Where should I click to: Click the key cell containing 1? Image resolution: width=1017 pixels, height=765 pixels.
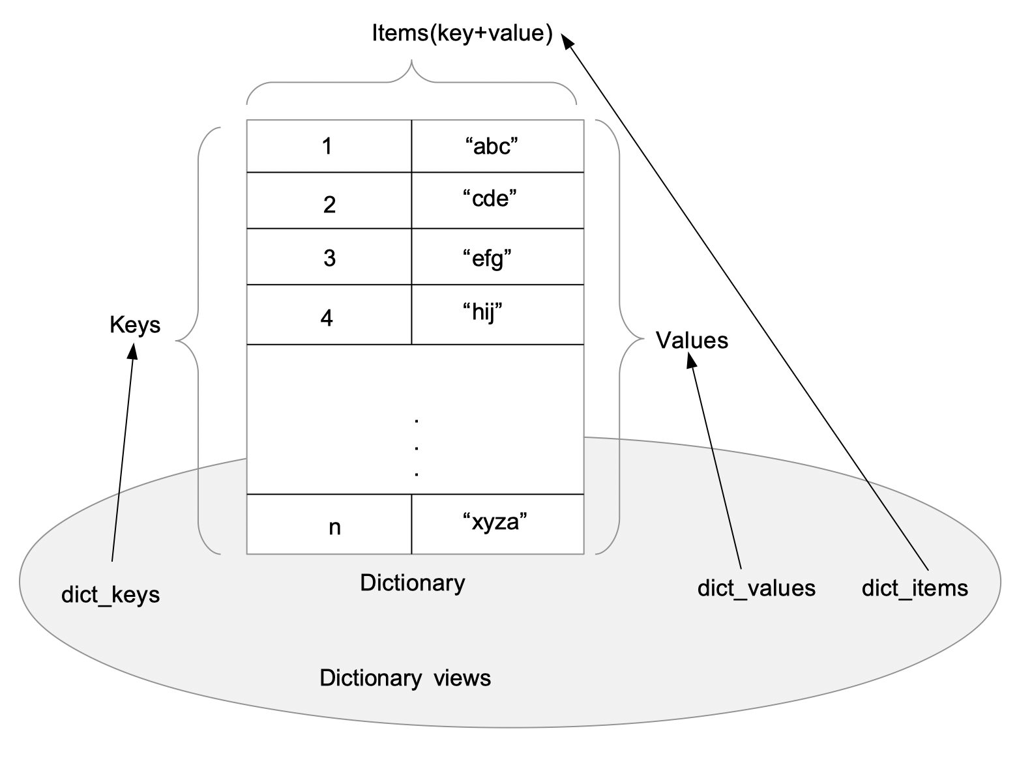click(x=329, y=146)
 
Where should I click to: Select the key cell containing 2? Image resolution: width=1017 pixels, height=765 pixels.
click(x=329, y=201)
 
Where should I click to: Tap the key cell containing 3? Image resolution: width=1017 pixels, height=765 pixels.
click(x=329, y=257)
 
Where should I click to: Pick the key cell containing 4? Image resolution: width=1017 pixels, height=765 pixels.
click(x=329, y=315)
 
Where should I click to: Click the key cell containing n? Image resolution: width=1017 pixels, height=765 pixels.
click(x=329, y=525)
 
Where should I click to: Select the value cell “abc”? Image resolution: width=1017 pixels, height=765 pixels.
click(x=497, y=146)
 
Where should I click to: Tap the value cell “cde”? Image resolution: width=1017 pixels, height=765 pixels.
click(x=497, y=201)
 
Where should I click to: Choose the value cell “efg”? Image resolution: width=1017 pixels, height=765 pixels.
click(x=497, y=257)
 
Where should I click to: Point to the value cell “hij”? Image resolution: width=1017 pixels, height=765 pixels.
click(x=497, y=315)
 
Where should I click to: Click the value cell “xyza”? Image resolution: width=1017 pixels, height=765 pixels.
click(x=497, y=525)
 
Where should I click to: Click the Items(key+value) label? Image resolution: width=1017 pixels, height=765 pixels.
click(x=462, y=33)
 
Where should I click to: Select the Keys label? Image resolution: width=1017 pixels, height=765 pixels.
click(x=135, y=325)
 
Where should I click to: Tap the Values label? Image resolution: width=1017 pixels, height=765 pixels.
click(x=692, y=340)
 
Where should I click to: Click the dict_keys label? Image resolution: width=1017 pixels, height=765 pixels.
click(x=110, y=594)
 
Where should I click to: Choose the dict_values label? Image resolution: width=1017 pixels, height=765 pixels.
click(x=756, y=588)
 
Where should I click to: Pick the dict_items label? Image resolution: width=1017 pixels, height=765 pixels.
click(x=915, y=588)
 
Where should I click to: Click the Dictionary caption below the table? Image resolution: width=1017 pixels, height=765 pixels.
click(x=413, y=583)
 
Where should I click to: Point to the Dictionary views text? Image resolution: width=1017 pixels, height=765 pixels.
click(x=405, y=678)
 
